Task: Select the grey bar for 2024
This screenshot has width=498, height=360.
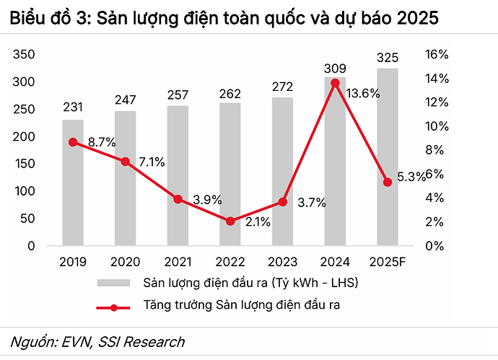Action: (335, 162)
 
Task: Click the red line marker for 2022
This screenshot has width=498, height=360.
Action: (230, 221)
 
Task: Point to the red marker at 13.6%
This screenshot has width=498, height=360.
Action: (335, 83)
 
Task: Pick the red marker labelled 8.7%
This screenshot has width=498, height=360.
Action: (73, 142)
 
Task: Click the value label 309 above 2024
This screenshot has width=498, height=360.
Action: (335, 68)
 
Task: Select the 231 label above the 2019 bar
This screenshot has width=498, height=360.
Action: (73, 108)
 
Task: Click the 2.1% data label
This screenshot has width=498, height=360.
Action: (258, 222)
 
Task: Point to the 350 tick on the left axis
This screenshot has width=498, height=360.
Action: (25, 55)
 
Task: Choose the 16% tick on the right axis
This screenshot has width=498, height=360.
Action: (438, 55)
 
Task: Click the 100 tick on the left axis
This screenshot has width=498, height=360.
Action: (25, 191)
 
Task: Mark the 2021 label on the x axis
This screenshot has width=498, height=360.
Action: (178, 261)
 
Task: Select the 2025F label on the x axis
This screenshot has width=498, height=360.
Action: (388, 261)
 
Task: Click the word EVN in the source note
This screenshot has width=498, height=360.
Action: (75, 342)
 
